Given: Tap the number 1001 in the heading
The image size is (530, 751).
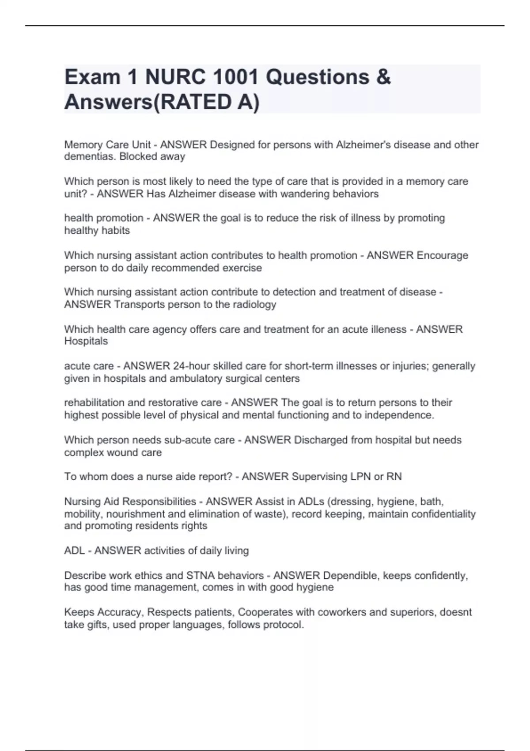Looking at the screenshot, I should click(x=235, y=77).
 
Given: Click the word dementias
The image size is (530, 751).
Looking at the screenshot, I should click(x=90, y=156).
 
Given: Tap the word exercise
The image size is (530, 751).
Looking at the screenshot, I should click(x=242, y=268).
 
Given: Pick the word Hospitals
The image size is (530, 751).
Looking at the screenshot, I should click(x=86, y=341).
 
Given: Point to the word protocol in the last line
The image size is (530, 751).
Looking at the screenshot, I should click(x=284, y=625).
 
